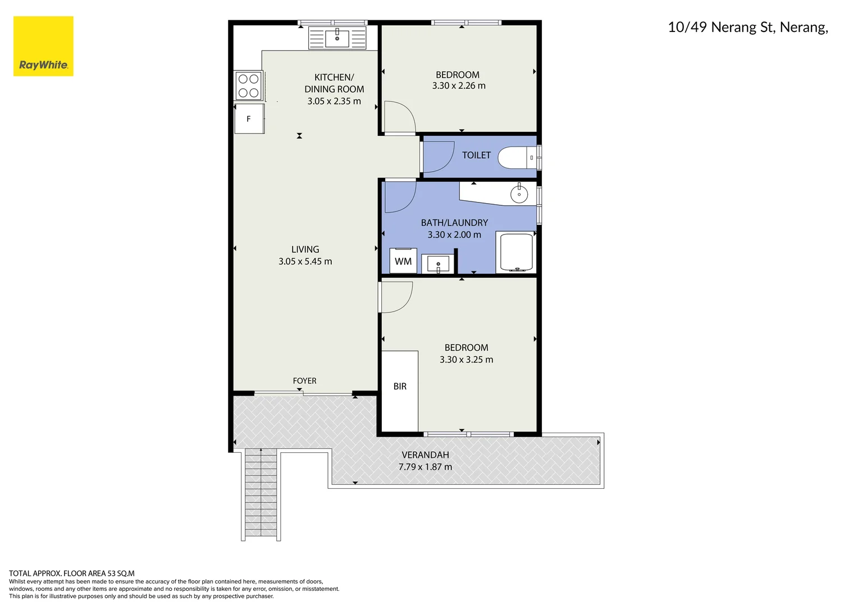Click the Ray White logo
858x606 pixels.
[43, 47]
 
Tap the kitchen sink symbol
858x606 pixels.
[337, 38]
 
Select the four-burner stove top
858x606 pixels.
[248, 86]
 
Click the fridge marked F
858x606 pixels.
[249, 119]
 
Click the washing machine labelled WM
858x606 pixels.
[403, 261]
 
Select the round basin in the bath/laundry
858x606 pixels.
[519, 194]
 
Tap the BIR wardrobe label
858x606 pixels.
[400, 387]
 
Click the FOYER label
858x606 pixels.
[304, 381]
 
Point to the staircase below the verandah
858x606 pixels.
[261, 494]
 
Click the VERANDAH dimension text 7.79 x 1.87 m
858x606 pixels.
[425, 467]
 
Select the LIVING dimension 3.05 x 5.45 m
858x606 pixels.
[305, 261]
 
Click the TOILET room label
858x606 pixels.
[476, 155]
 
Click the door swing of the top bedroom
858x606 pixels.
[399, 118]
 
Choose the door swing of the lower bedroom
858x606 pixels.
[396, 297]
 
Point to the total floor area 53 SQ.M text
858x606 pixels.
[72, 573]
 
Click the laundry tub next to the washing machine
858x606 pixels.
[437, 263]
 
